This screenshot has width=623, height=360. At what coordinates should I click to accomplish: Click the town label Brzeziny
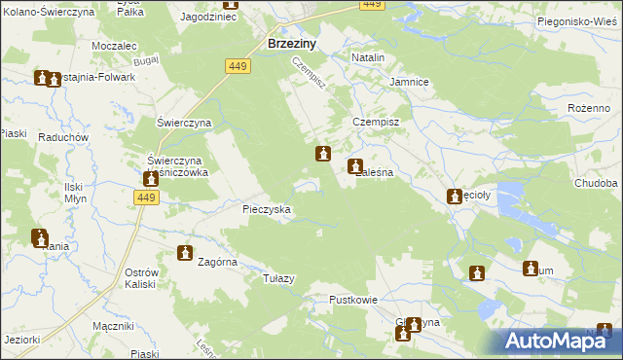pyautogui.click(x=289, y=43)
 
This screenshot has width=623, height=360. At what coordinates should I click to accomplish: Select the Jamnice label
pyautogui.click(x=409, y=83)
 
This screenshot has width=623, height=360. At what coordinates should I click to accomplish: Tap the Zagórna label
pyautogui.click(x=218, y=262)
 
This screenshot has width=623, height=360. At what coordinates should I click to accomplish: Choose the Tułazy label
pyautogui.click(x=278, y=278)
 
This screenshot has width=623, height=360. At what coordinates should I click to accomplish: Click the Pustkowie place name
pyautogui.click(x=352, y=300)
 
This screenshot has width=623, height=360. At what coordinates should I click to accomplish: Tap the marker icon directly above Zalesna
pyautogui.click(x=355, y=165)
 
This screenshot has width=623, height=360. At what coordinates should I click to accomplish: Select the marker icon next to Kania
pyautogui.click(x=39, y=236)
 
